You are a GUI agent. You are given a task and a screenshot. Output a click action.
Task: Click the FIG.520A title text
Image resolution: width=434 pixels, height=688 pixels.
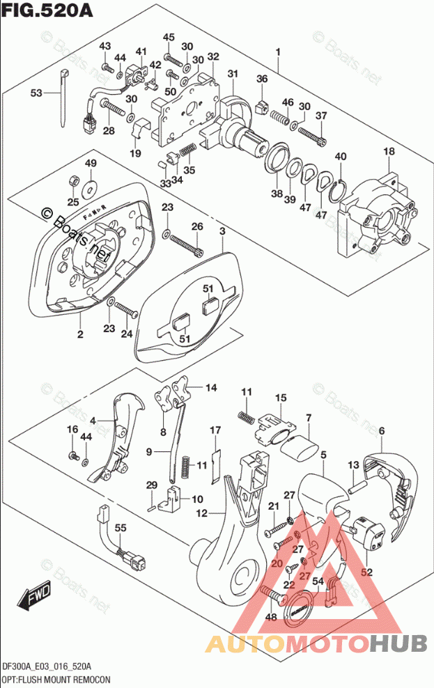point(44,12)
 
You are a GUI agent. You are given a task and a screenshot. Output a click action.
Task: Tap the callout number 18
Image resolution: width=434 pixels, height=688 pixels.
point(388,151)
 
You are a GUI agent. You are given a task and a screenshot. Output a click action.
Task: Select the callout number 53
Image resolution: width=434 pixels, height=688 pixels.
point(36,93)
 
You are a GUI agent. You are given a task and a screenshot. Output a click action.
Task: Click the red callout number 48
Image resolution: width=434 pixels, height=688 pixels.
point(271,616)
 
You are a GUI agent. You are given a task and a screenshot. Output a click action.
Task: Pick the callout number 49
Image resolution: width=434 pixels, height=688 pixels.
point(90,163)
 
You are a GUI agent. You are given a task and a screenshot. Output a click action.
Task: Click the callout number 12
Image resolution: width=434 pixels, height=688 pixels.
point(202,514)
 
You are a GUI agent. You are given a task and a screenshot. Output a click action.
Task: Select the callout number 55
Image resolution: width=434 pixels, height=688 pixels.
point(121,530)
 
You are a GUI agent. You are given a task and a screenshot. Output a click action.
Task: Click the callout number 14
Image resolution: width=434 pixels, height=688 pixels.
point(210,387)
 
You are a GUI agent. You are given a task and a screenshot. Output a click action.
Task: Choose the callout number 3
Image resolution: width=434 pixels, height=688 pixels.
point(222,230)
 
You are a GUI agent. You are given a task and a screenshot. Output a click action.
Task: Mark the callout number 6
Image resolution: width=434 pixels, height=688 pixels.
point(381,432)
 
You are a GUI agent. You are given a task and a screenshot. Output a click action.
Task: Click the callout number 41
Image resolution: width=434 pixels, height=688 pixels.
point(141,52)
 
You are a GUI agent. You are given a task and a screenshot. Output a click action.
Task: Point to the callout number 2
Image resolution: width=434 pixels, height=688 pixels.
point(80,335)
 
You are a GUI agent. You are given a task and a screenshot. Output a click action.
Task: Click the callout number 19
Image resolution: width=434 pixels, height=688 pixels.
point(134,153)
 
